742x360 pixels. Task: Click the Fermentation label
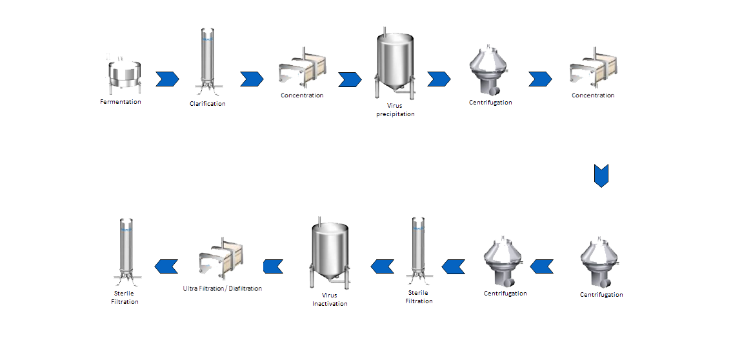pyautogui.click(x=121, y=102)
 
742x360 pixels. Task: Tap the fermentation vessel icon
pyautogui.click(x=123, y=74)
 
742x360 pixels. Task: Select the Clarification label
pyautogui.click(x=208, y=104)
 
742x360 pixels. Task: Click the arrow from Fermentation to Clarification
pyautogui.click(x=167, y=79)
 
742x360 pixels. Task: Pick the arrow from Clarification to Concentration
pyautogui.click(x=252, y=79)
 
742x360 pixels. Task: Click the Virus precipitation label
pyautogui.click(x=396, y=110)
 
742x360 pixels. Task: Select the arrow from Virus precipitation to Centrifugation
pyautogui.click(x=439, y=79)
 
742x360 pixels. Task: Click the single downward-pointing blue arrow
pyautogui.click(x=601, y=175)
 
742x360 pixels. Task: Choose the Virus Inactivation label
pyautogui.click(x=330, y=299)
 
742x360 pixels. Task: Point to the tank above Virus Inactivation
pyautogui.click(x=330, y=252)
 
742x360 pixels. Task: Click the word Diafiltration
pyautogui.click(x=243, y=288)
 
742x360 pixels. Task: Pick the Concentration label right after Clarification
pyautogui.click(x=302, y=95)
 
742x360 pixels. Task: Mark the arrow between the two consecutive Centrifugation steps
pyautogui.click(x=541, y=265)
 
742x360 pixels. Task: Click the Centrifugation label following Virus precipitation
pyautogui.click(x=490, y=103)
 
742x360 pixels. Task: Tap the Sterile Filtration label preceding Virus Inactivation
pyautogui.click(x=419, y=297)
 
